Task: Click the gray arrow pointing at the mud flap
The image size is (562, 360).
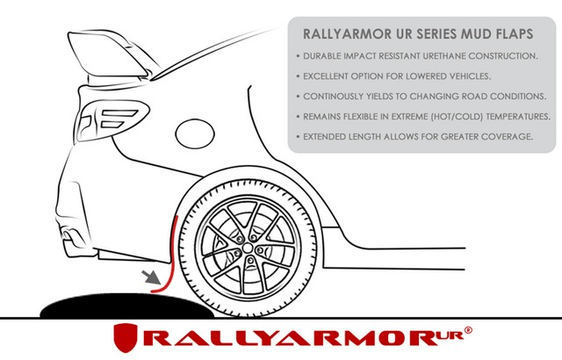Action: point(150,278)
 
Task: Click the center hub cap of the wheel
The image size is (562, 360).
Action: point(248,248)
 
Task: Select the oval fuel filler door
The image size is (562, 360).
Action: point(195,133)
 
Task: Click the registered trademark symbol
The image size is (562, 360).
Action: point(468,330)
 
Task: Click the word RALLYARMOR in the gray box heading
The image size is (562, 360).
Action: point(348,34)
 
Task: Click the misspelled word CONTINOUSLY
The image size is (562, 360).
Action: point(333,97)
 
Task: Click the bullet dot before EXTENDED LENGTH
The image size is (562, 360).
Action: point(298,137)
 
